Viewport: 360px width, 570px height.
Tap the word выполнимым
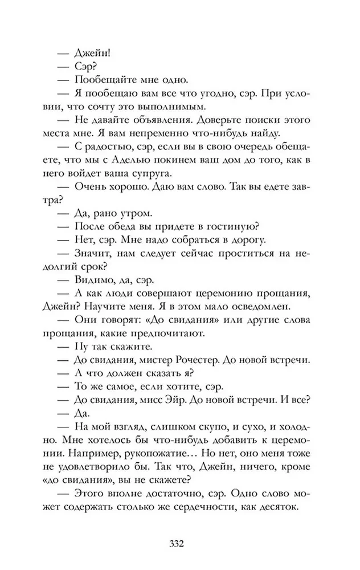(x=170, y=106)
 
